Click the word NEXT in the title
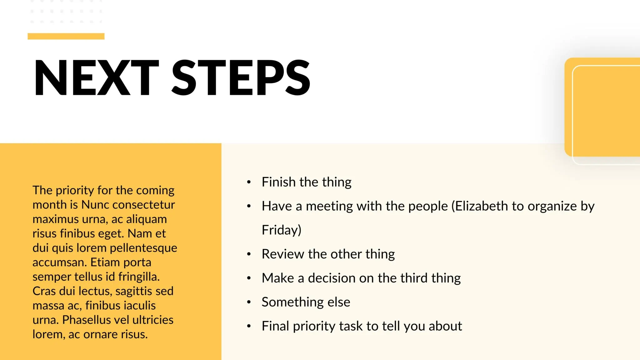97,77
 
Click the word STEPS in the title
241,77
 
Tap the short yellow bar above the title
66,36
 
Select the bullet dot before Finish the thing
249,182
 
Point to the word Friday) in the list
282,230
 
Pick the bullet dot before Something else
249,302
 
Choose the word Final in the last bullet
275,326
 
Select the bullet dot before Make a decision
249,278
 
